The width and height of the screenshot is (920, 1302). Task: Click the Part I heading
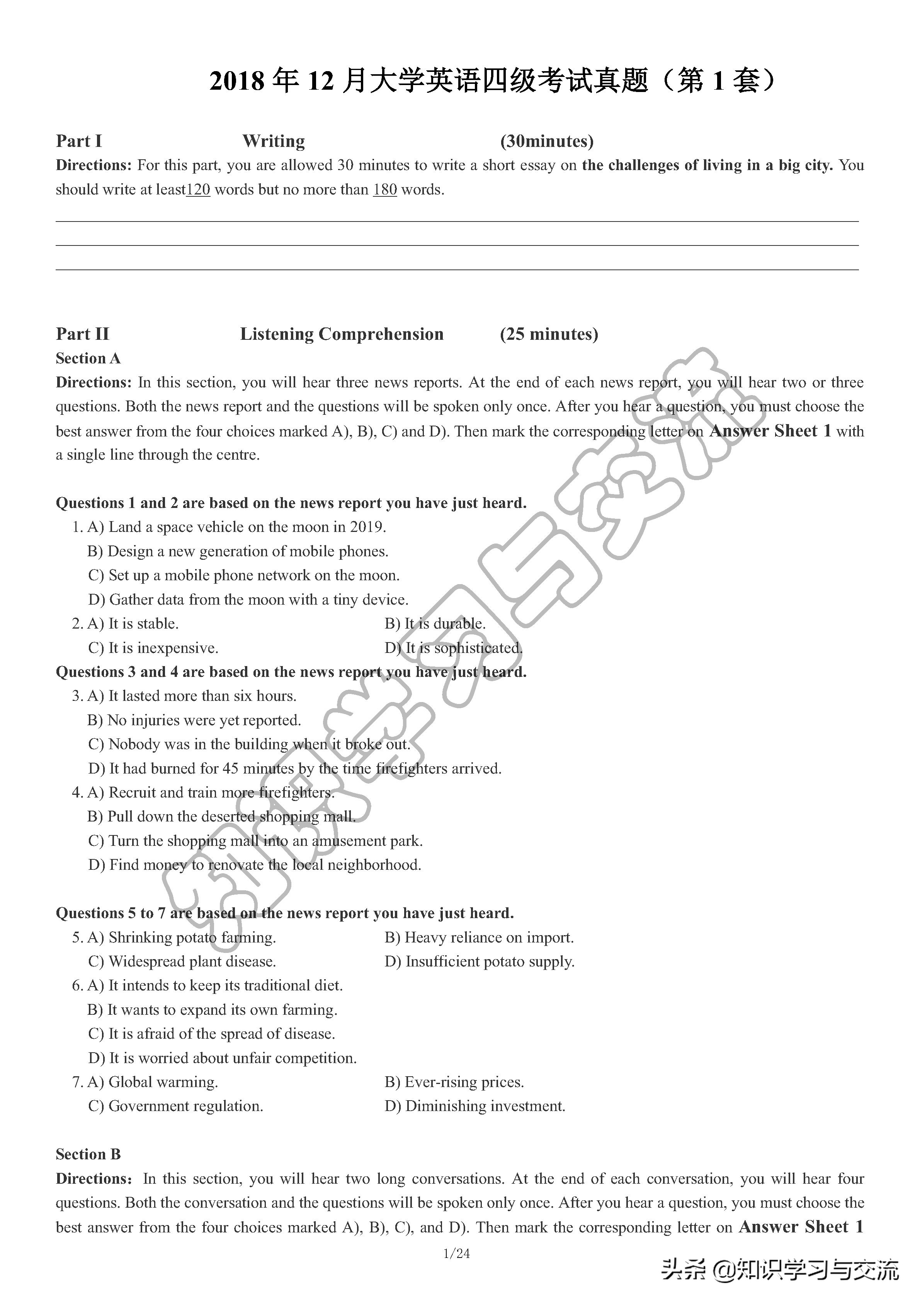tap(79, 141)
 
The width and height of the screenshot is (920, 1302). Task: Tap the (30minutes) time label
tap(546, 141)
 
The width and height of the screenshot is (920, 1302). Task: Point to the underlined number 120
tap(198, 189)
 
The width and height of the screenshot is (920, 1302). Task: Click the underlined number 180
tap(384, 189)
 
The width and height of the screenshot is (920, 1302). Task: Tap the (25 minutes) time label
tap(549, 334)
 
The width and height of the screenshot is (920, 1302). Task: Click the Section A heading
tap(88, 358)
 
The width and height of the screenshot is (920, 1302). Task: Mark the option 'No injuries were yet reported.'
tap(194, 720)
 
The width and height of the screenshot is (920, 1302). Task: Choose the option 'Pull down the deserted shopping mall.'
tap(222, 816)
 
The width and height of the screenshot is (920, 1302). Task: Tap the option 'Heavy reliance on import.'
tap(479, 938)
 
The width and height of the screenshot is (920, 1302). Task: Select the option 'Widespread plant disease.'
tap(182, 962)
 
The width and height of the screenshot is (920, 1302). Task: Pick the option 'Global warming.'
tap(153, 1082)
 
